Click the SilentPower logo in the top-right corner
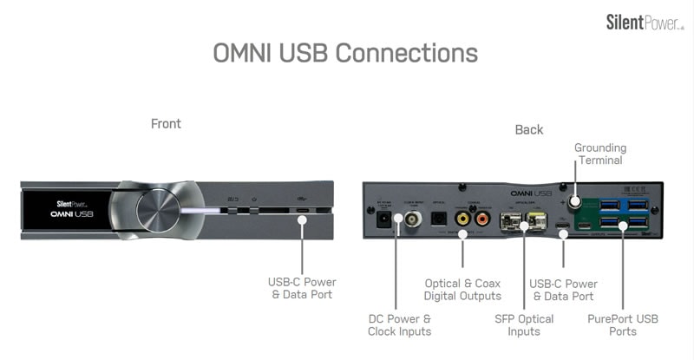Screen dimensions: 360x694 (x=645, y=22)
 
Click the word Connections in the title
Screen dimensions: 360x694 (x=406, y=53)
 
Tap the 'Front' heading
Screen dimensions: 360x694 (x=166, y=124)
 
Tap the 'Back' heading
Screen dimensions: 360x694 (x=529, y=129)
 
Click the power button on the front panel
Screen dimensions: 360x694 (x=252, y=210)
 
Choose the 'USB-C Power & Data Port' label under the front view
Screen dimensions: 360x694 (x=302, y=288)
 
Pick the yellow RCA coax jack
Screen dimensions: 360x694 (x=463, y=220)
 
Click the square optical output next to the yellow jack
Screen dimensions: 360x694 (x=439, y=219)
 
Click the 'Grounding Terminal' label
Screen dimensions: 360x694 (x=599, y=154)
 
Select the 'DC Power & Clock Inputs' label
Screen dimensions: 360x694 (x=399, y=324)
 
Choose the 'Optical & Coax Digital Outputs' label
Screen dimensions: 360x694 (x=463, y=290)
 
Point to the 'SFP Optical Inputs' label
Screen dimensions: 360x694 (x=524, y=324)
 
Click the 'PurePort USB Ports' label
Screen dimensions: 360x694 (x=622, y=324)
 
